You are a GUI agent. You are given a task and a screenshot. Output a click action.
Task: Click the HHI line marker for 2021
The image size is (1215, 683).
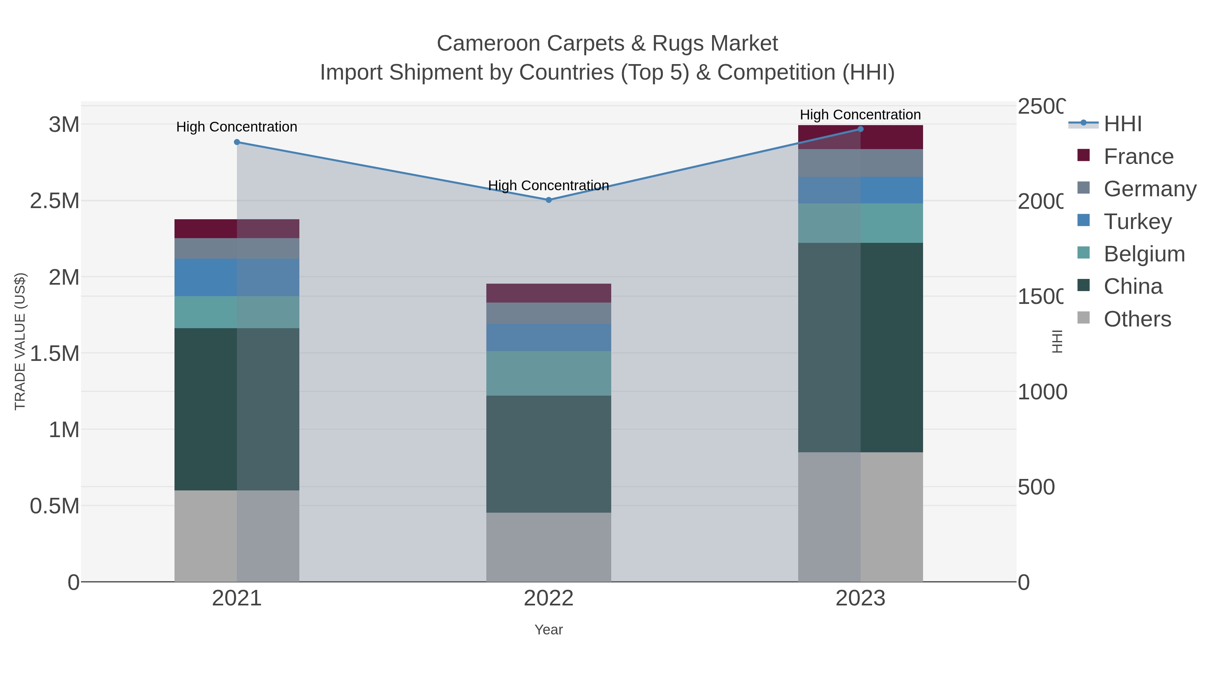[x=237, y=142]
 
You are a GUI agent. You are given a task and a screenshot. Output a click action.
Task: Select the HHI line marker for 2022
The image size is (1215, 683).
[x=548, y=200]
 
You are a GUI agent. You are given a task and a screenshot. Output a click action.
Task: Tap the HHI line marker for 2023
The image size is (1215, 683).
[x=860, y=129]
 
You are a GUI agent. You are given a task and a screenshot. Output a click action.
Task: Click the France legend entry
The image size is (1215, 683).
[x=1138, y=156]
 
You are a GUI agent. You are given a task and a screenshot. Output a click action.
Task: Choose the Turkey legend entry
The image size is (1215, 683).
[x=1137, y=222]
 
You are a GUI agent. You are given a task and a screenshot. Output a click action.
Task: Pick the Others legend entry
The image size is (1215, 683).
[x=1137, y=319]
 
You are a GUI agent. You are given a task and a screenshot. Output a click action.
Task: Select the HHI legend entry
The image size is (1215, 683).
[x=1123, y=124]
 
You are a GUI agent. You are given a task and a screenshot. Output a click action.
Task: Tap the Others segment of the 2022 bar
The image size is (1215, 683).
[x=548, y=547]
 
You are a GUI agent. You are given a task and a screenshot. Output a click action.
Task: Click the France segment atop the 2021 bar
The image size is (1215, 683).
[x=237, y=229]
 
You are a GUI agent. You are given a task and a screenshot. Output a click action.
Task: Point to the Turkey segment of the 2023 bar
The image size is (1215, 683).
[x=860, y=190]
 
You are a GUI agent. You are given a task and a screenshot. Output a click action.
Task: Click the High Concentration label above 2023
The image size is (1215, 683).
[x=860, y=115]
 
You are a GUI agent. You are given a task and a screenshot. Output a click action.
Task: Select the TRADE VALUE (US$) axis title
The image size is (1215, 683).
[x=20, y=341]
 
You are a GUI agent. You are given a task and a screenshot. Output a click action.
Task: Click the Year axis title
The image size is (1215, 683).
[x=548, y=630]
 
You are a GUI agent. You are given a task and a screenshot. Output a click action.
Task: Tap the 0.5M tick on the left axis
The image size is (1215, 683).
[x=55, y=506]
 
